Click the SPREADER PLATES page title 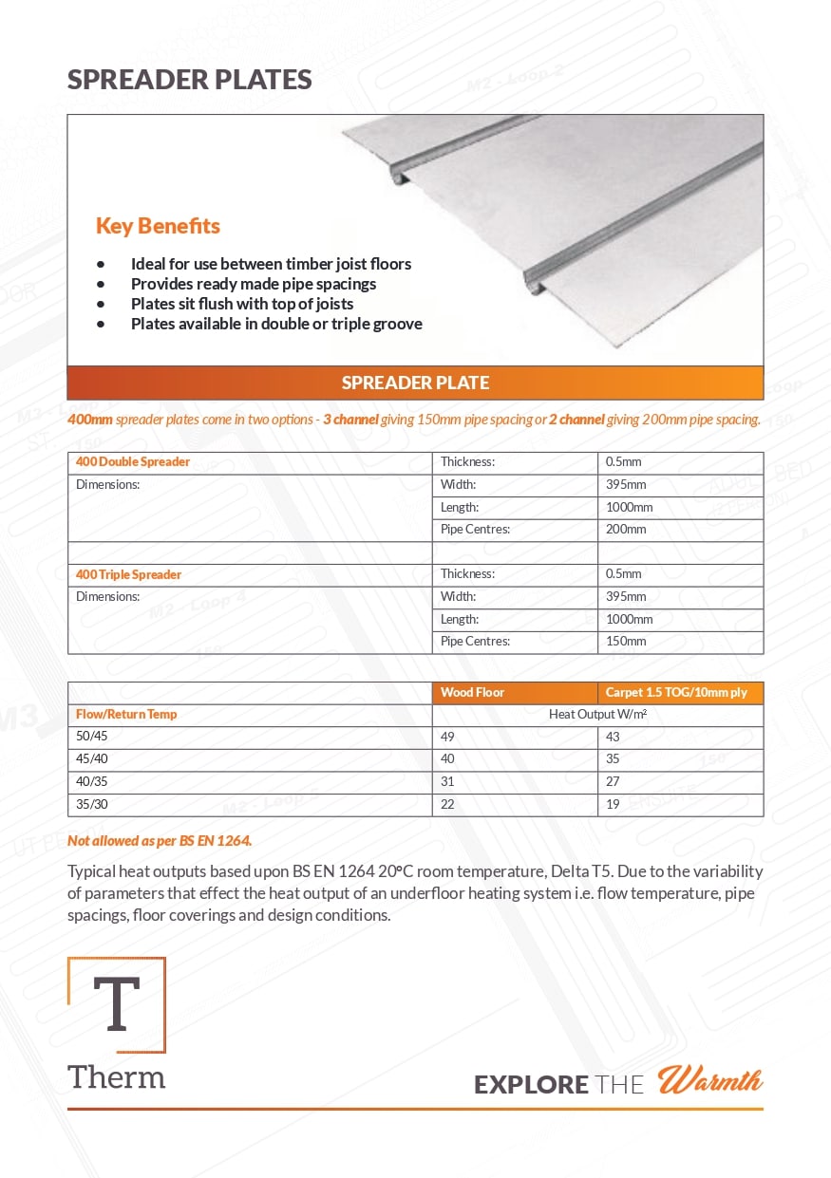pos(189,80)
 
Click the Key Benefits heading pos(158,226)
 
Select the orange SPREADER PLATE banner pos(415,383)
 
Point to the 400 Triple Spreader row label pos(128,574)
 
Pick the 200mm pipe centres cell pos(626,529)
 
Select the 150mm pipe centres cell pos(626,641)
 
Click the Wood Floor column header pos(472,693)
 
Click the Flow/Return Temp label pos(126,714)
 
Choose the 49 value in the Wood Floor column pos(447,736)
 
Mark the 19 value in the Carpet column pos(613,804)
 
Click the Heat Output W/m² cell pos(597,714)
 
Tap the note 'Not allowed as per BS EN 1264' pos(160,840)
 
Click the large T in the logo pos(116,1004)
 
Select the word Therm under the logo pos(116,1077)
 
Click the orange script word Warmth pos(710,1081)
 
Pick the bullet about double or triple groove pos(276,324)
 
